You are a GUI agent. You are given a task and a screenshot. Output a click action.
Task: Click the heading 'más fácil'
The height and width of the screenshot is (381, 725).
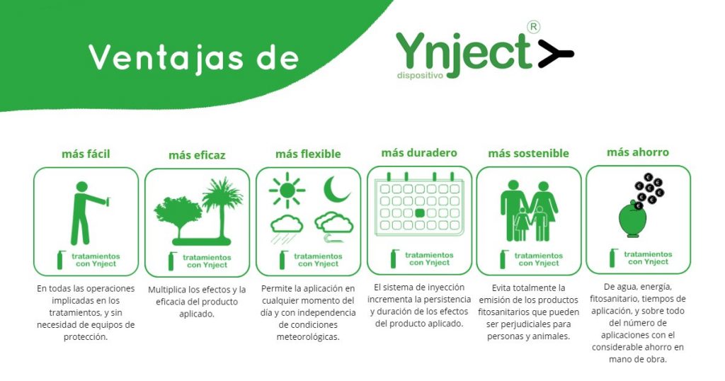click(x=86, y=154)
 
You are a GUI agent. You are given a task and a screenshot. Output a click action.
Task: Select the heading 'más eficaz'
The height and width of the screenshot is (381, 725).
click(x=197, y=155)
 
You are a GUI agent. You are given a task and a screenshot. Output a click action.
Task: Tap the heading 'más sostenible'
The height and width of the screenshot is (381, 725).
click(x=528, y=154)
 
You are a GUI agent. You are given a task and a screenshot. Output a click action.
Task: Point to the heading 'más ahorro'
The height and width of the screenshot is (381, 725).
click(x=638, y=152)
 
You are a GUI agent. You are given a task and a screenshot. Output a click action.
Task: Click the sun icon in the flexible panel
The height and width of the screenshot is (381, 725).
click(x=287, y=190)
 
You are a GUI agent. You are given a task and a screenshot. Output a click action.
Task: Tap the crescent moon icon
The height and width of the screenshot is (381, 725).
click(x=336, y=189)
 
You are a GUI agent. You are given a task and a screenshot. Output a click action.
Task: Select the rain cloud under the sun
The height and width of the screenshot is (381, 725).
click(x=287, y=229)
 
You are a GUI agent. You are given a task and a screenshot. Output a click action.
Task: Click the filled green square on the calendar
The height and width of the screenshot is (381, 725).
click(x=420, y=213)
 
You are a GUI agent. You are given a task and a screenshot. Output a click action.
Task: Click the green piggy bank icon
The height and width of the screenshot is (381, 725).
click(x=632, y=220)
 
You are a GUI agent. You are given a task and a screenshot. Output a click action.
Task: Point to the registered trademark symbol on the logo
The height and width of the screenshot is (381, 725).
click(x=533, y=28)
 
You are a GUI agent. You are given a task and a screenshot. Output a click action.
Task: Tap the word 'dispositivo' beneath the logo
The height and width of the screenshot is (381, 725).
click(x=420, y=75)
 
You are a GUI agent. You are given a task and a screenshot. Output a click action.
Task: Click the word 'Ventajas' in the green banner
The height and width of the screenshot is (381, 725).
click(x=166, y=57)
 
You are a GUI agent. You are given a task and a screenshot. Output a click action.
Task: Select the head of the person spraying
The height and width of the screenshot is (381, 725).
click(x=82, y=187)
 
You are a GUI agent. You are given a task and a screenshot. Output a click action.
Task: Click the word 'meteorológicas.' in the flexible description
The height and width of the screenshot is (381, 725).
click(x=308, y=337)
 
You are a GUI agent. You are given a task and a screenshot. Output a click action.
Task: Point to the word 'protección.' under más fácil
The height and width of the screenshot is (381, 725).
click(x=86, y=337)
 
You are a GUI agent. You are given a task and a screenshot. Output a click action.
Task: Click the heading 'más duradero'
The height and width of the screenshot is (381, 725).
click(x=419, y=153)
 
